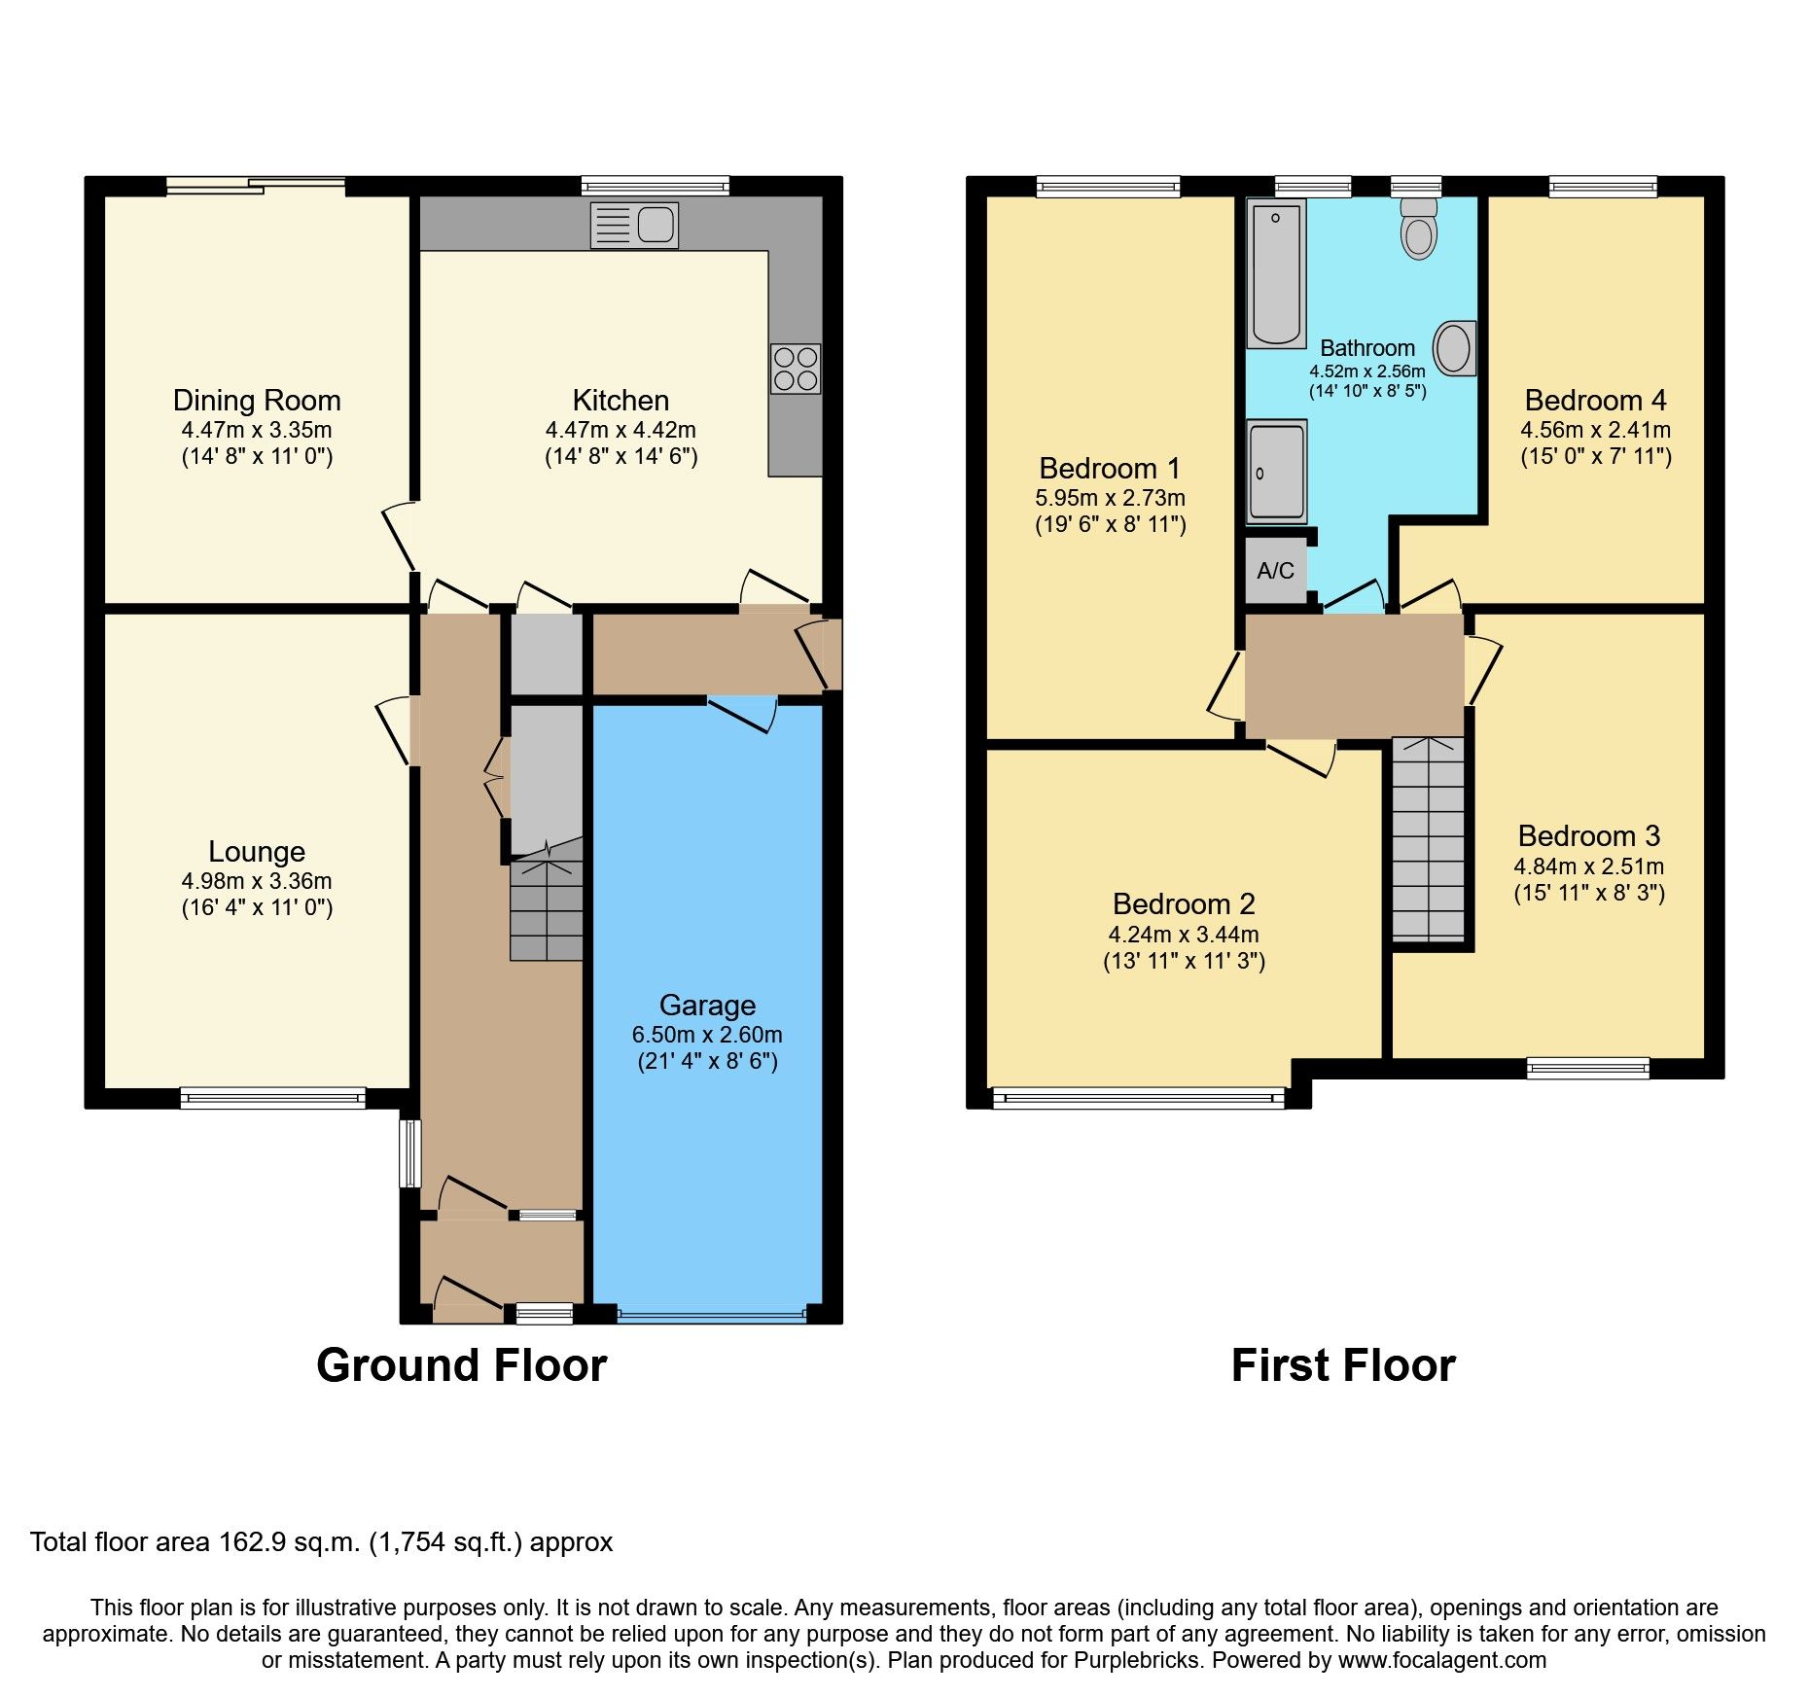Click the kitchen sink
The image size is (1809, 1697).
[x=634, y=226]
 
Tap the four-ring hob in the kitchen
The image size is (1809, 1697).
[x=795, y=369]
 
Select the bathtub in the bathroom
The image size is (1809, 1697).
[x=1276, y=273]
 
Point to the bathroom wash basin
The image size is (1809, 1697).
[x=1454, y=348]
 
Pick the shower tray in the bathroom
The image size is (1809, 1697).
[x=1276, y=472]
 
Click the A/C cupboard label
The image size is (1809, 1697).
[x=1275, y=571]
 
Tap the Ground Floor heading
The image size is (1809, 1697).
[x=461, y=1365]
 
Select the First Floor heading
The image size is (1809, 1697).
[x=1342, y=1365]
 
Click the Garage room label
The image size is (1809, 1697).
[x=707, y=1005]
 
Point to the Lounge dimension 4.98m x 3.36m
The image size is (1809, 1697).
[x=257, y=881]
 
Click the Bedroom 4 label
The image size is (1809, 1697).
[x=1595, y=401]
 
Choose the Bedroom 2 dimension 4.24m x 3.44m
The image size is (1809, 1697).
[x=1184, y=935]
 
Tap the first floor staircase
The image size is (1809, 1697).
[x=1427, y=838]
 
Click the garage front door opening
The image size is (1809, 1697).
[x=711, y=1316]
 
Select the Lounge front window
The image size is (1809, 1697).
[x=272, y=1098]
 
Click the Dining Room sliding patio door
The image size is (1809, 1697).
[x=256, y=186]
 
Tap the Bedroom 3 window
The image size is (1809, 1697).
[x=1587, y=1069]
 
